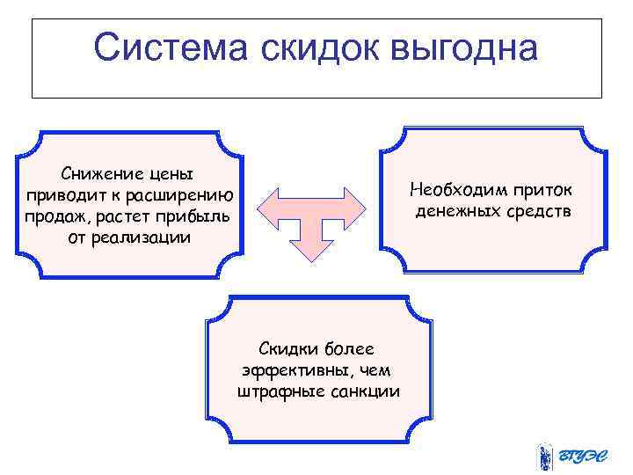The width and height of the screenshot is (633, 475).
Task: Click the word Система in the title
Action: [x=171, y=48]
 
